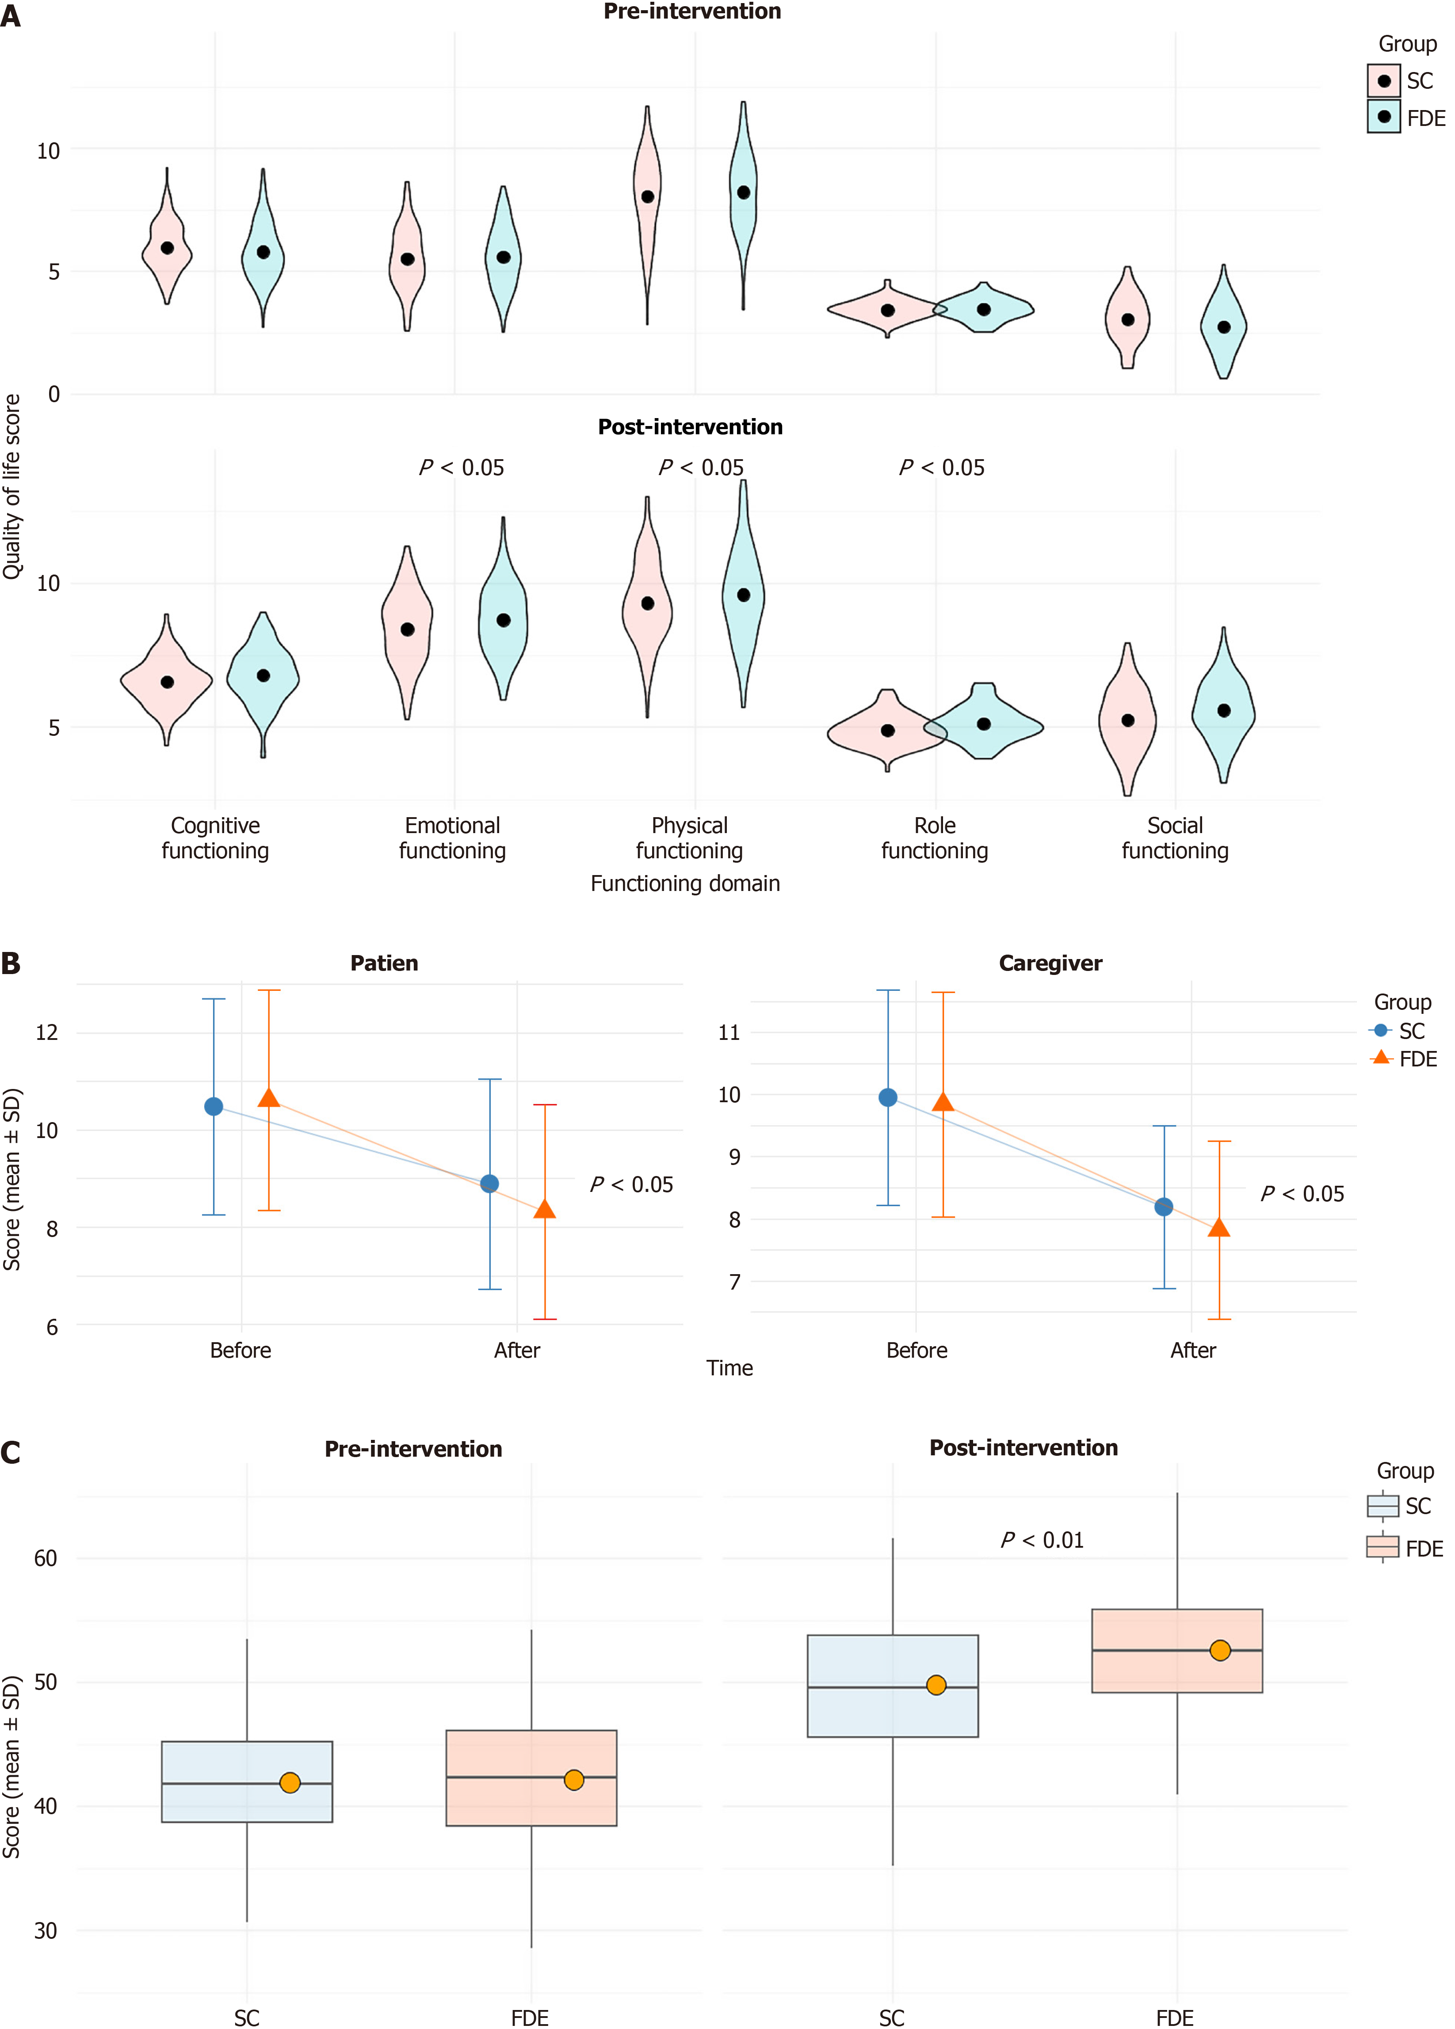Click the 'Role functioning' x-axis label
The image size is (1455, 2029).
(x=934, y=838)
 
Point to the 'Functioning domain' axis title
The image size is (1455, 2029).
(x=684, y=884)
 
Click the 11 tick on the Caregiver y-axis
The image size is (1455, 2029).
(x=729, y=1032)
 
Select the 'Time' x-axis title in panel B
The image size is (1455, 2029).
(x=729, y=1368)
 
